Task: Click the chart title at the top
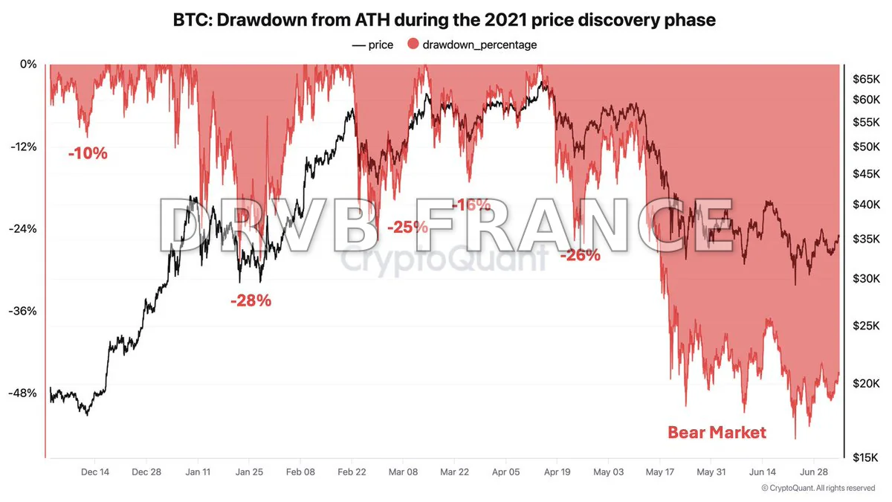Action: pyautogui.click(x=445, y=20)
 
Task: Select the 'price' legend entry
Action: pyautogui.click(x=372, y=45)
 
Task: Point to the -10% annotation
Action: pyautogui.click(x=88, y=154)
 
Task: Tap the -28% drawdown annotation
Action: pyautogui.click(x=251, y=301)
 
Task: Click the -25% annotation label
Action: pyautogui.click(x=407, y=227)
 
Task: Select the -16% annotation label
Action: pyautogui.click(x=471, y=205)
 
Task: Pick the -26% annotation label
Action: pyautogui.click(x=579, y=255)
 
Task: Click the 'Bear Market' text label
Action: pyautogui.click(x=716, y=432)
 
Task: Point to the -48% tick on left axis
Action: pyautogui.click(x=22, y=393)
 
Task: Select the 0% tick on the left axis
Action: pyautogui.click(x=28, y=64)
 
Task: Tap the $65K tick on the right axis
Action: pyautogui.click(x=865, y=78)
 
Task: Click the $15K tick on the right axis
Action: pyautogui.click(x=865, y=457)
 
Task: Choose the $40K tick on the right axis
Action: pyautogui.click(x=865, y=205)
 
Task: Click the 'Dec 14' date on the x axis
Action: pyautogui.click(x=95, y=472)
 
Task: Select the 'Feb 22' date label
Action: pyautogui.click(x=352, y=472)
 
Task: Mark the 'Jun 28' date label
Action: pyautogui.click(x=814, y=472)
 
